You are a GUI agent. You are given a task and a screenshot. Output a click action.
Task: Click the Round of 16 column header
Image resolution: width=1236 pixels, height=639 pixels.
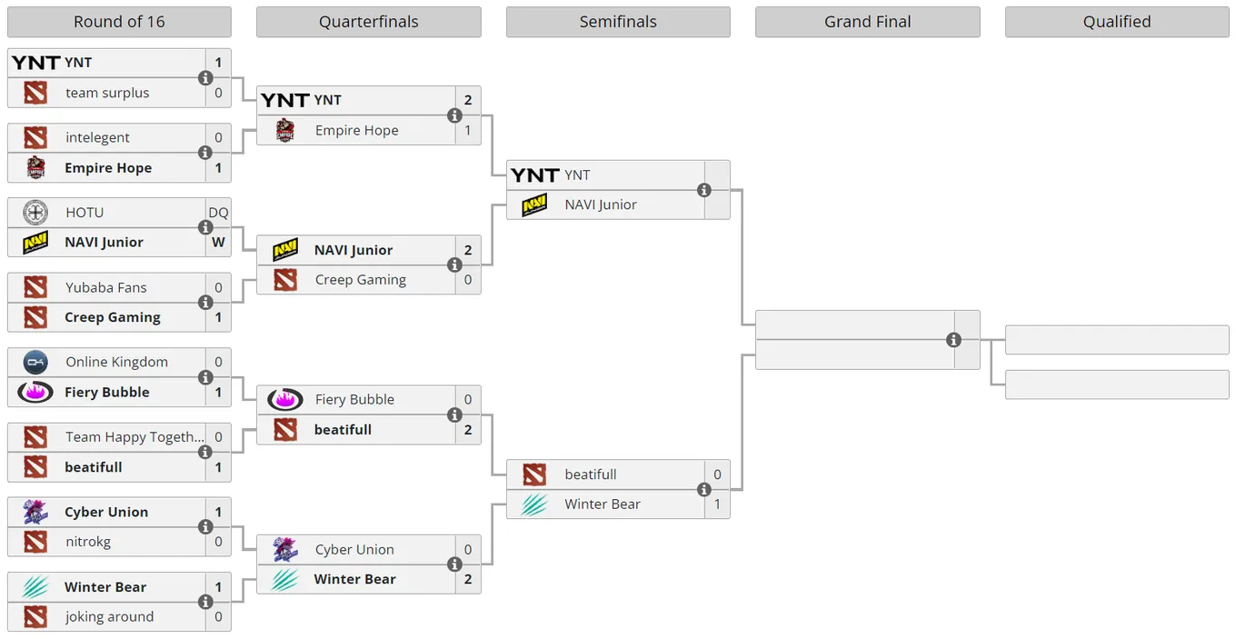119,22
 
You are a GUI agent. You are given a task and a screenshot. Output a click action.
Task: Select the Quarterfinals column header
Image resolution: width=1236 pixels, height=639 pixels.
369,22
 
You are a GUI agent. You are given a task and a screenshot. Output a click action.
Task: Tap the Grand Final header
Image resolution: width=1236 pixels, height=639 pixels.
867,22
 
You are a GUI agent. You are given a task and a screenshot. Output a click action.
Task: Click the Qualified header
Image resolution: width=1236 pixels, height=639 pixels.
1117,22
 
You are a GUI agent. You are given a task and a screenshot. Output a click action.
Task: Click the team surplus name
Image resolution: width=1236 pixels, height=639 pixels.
107,93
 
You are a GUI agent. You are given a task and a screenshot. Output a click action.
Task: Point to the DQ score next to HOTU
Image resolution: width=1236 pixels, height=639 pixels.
218,213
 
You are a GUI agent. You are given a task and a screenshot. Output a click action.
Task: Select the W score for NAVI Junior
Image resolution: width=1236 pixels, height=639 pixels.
218,243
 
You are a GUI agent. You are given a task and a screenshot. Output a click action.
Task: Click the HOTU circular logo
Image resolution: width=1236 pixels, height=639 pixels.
35,213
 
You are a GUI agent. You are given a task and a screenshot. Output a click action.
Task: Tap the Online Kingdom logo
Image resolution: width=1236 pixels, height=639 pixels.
35,362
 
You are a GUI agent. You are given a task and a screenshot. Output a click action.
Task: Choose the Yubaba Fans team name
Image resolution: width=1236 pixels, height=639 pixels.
106,287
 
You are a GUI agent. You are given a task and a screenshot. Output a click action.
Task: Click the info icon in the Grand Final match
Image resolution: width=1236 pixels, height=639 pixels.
953,340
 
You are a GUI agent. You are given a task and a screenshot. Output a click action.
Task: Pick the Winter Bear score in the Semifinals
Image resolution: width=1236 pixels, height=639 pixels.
717,504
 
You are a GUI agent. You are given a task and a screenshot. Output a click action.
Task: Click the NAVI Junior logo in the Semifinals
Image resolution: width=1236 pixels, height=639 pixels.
534,205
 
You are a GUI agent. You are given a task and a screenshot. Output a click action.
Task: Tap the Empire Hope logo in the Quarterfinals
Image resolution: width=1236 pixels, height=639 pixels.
285,130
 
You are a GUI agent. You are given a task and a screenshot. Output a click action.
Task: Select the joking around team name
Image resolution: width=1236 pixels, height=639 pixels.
110,616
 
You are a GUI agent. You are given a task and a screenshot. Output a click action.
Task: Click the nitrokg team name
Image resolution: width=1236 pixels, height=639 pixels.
88,542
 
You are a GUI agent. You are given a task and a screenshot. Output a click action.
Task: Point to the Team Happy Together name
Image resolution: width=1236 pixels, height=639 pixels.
135,437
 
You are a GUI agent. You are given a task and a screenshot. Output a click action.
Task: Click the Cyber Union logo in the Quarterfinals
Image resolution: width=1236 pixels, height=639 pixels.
285,549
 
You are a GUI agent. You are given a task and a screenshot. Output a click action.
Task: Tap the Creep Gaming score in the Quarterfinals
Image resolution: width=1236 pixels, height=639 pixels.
468,280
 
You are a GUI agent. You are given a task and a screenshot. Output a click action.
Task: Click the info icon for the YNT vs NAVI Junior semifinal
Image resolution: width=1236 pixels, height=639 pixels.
703,190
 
